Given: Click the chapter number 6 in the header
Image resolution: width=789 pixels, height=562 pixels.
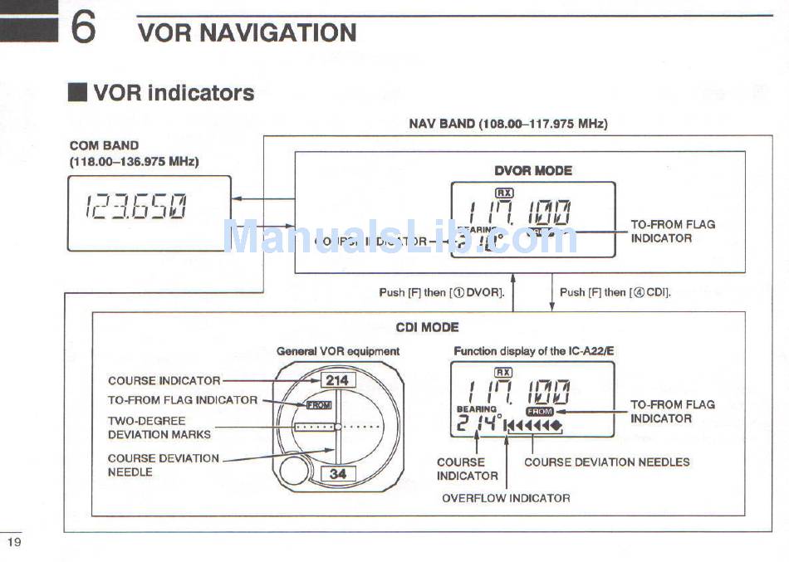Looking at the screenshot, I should click(83, 27).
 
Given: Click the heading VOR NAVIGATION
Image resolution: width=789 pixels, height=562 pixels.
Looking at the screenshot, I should click(247, 32).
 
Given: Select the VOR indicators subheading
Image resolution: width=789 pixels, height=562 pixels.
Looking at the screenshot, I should click(174, 92).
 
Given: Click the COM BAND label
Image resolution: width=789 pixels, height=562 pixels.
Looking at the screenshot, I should click(104, 145).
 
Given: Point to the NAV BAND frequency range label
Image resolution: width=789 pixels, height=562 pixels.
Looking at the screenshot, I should click(508, 124).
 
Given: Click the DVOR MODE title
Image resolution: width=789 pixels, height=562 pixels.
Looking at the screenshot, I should click(532, 170).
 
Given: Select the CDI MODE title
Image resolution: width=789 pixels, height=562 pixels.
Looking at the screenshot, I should click(427, 327).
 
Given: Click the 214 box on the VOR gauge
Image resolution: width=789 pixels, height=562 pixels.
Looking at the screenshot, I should click(337, 380).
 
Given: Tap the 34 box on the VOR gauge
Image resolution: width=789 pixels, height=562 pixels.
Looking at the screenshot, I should click(338, 474).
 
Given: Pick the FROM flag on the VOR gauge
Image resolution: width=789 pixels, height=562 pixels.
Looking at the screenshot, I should click(318, 405).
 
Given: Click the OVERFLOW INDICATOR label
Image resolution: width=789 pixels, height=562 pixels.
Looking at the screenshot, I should click(506, 498).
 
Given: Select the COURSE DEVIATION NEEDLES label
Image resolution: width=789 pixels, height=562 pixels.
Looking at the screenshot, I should click(606, 462).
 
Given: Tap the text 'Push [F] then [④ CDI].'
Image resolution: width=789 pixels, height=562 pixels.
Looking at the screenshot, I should click(615, 292).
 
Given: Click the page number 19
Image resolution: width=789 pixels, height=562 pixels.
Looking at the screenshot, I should click(14, 542).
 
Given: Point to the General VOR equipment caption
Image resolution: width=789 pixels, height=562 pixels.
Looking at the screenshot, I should click(338, 351).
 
